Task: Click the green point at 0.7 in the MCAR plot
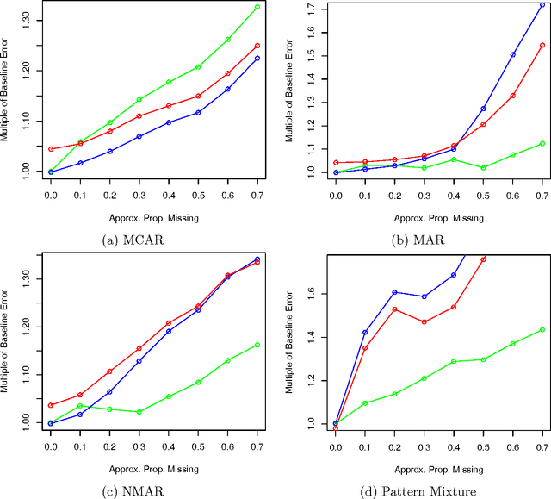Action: click(x=257, y=7)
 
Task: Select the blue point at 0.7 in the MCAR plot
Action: click(x=257, y=59)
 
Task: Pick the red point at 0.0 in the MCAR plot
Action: click(x=51, y=149)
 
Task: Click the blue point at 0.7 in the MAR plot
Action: click(x=542, y=5)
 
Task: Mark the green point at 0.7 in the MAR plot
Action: click(x=542, y=144)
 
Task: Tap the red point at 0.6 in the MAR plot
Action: click(x=512, y=96)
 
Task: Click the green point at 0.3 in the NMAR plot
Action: click(x=139, y=412)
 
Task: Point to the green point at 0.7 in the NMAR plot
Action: click(x=257, y=345)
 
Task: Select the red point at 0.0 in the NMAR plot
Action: click(x=51, y=405)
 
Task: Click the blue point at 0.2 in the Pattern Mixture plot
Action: click(x=394, y=292)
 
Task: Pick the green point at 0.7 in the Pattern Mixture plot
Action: click(x=542, y=330)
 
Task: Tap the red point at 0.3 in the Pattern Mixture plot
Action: click(x=424, y=322)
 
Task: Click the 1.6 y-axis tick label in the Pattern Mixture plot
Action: click(x=313, y=294)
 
